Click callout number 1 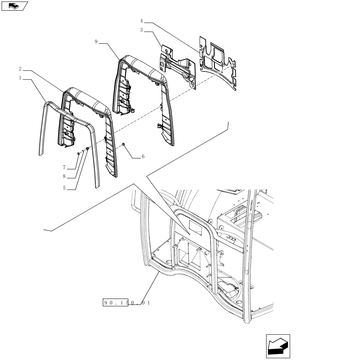coord(21,78)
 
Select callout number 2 coord(20,68)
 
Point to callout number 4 coord(142,21)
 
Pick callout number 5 coord(64,188)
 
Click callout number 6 coord(143,157)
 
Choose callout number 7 coord(64,167)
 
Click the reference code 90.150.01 coord(126,303)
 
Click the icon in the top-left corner coord(14,5)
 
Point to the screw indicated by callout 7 coord(79,154)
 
